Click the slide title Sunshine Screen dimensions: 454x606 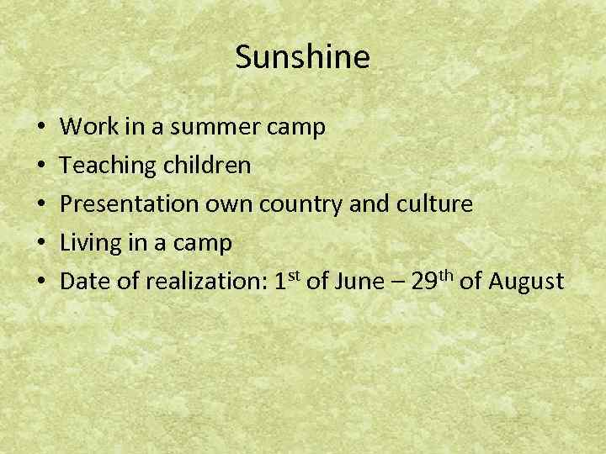click(x=302, y=57)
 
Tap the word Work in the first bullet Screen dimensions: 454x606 click(x=82, y=127)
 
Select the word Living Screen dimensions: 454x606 click(x=88, y=243)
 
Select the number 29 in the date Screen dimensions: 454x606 click(x=423, y=282)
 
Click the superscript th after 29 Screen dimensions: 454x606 click(x=446, y=274)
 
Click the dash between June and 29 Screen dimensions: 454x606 click(x=396, y=283)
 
